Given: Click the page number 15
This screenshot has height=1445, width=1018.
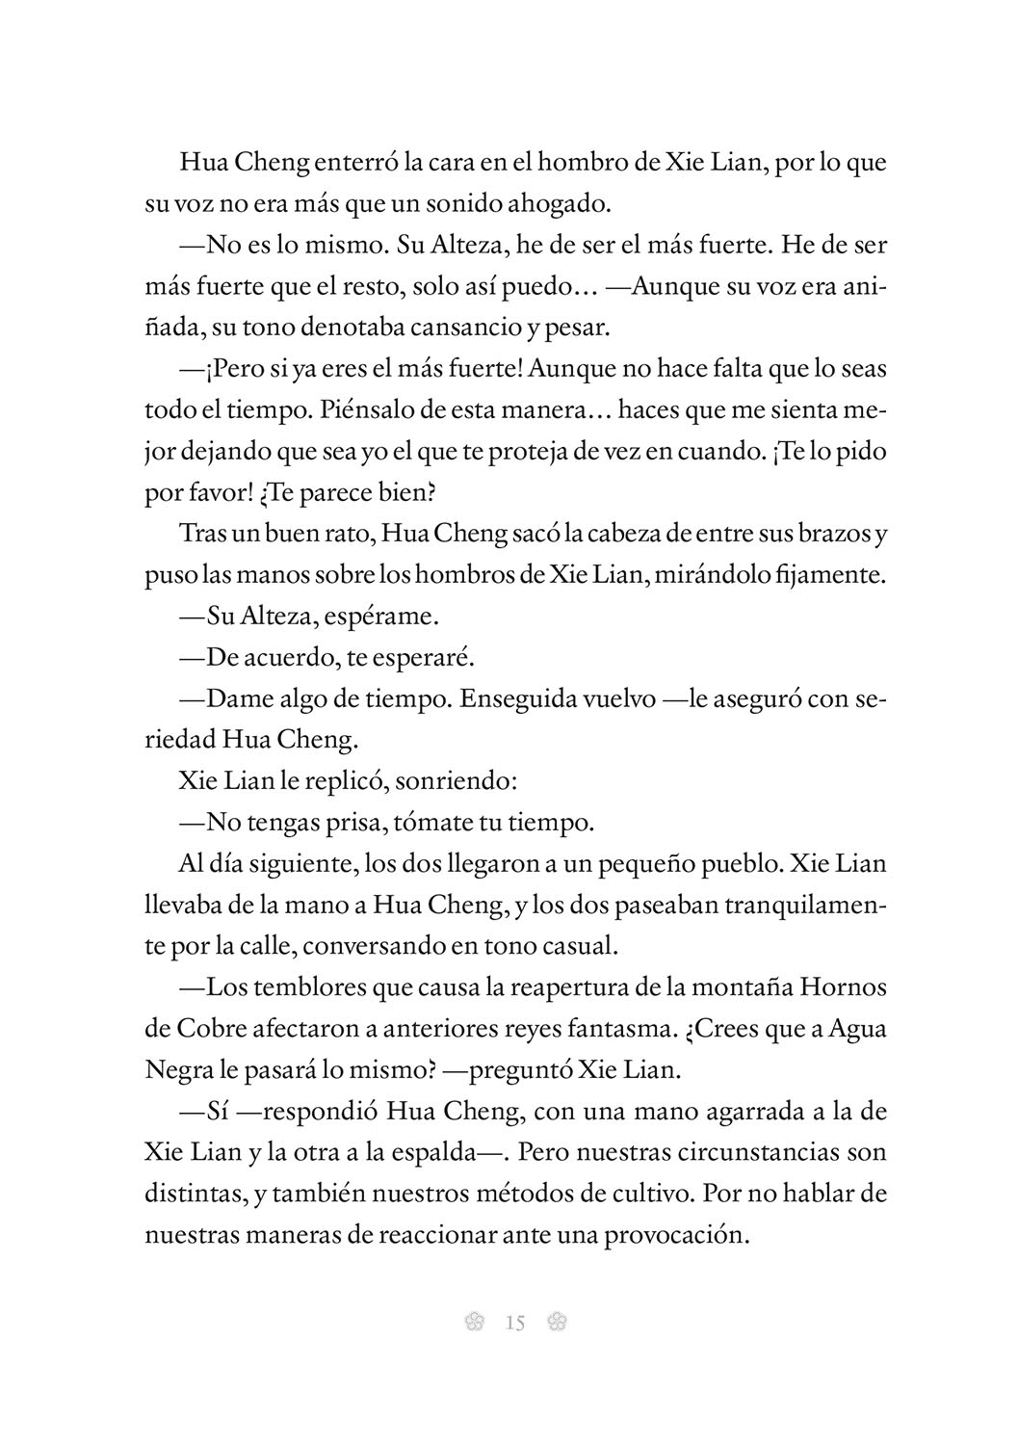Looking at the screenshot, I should (514, 1323).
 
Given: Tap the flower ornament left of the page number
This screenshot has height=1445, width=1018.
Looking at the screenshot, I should (473, 1323).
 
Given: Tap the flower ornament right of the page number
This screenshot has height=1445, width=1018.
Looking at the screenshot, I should (557, 1323).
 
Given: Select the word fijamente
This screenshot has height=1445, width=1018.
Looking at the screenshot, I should (822, 575).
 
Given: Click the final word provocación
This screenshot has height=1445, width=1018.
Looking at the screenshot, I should (676, 1235).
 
